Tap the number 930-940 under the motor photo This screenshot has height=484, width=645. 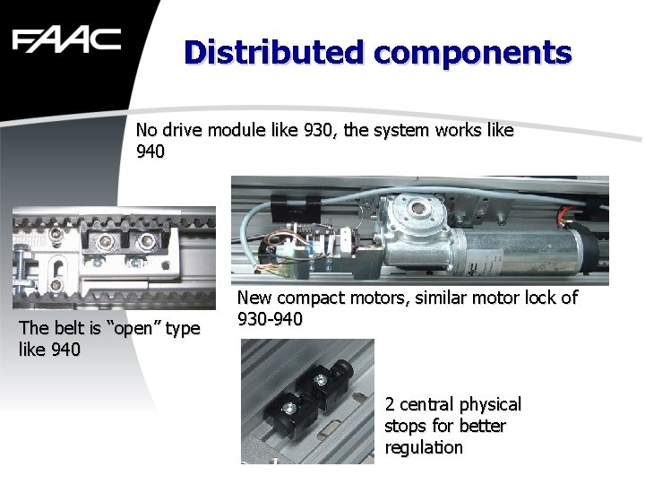click(x=270, y=319)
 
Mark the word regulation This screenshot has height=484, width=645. click(x=424, y=447)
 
